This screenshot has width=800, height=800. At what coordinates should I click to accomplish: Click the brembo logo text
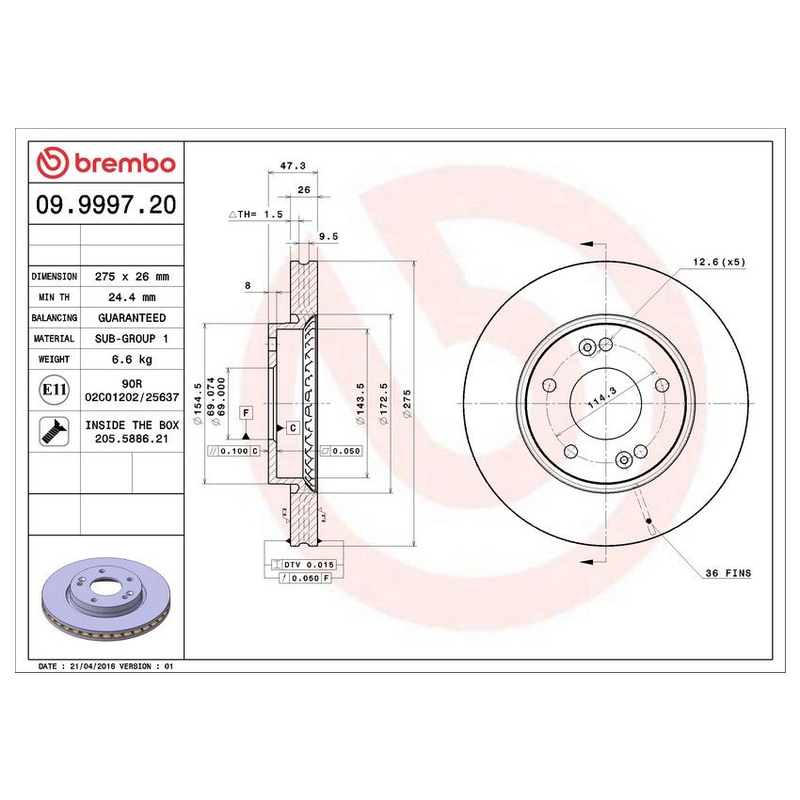(x=105, y=163)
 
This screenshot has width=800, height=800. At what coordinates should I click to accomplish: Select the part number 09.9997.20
(x=105, y=205)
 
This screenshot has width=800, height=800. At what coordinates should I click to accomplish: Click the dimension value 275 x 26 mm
(x=132, y=277)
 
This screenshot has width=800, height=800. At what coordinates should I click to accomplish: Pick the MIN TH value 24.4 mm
(x=132, y=297)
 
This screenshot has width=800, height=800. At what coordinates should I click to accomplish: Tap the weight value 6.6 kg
(x=132, y=360)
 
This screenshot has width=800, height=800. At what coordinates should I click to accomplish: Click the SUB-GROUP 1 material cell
(x=132, y=339)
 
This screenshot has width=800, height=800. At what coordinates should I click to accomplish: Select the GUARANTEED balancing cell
(x=132, y=318)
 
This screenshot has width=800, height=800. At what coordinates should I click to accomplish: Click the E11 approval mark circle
(x=55, y=390)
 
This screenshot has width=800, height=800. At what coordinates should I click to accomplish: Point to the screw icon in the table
(x=55, y=431)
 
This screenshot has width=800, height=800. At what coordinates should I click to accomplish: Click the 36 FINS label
(x=728, y=572)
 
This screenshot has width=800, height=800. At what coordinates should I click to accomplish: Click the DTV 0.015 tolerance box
(x=308, y=564)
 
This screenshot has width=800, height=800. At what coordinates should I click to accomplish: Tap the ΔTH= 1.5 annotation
(x=256, y=215)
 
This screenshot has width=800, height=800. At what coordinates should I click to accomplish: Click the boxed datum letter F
(x=246, y=413)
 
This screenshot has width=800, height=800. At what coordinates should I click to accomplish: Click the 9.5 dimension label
(x=328, y=237)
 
